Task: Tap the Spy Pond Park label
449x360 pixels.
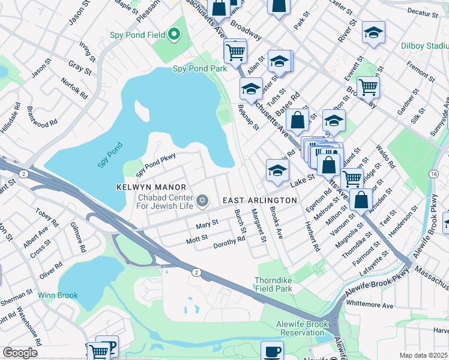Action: coord(200,68)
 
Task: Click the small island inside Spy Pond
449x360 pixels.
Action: coord(142,110)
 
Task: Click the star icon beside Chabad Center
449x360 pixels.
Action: coord(202,200)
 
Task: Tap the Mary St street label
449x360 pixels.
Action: coord(207,225)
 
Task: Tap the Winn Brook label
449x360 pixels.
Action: coord(55,295)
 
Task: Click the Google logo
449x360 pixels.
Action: coord(20,353)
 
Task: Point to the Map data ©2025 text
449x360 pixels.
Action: coord(424,355)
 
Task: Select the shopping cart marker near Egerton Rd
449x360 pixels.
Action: coord(352,178)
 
